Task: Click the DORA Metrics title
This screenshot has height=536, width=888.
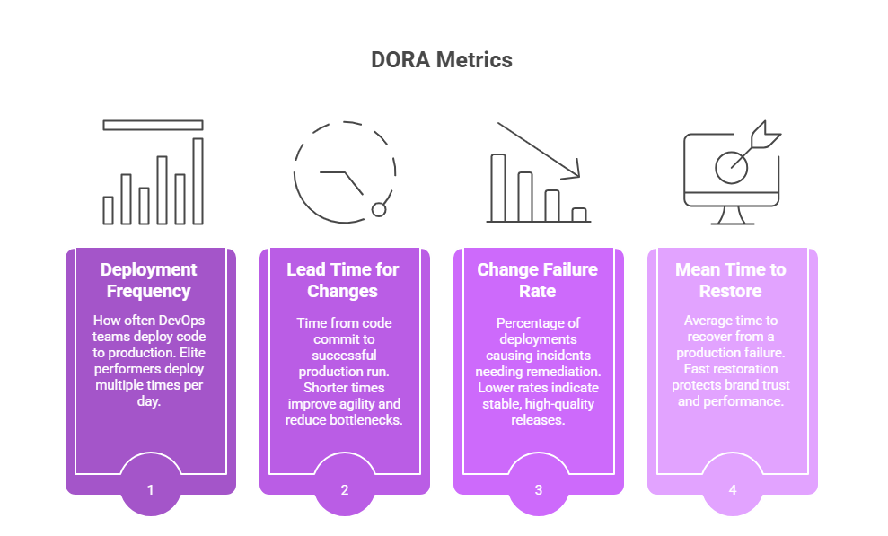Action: pyautogui.click(x=442, y=60)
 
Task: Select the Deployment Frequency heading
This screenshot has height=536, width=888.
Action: pyautogui.click(x=149, y=280)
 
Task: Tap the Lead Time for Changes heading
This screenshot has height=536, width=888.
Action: pyautogui.click(x=343, y=280)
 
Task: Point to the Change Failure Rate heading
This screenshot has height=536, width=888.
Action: pyautogui.click(x=537, y=280)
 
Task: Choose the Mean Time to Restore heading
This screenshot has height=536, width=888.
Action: pyautogui.click(x=731, y=280)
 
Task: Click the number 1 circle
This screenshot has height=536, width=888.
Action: pyautogui.click(x=151, y=490)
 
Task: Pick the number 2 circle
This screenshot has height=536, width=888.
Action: pyautogui.click(x=345, y=490)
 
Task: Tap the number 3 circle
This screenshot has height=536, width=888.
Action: pyautogui.click(x=539, y=490)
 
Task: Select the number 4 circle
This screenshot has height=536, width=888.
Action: pyautogui.click(x=733, y=490)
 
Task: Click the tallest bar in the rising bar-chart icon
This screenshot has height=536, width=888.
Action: pyautogui.click(x=198, y=180)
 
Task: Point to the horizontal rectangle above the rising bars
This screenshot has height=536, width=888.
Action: pyautogui.click(x=153, y=125)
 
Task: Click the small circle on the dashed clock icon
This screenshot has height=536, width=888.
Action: pyautogui.click(x=379, y=209)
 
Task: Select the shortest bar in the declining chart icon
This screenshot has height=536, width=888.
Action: pyautogui.click(x=579, y=215)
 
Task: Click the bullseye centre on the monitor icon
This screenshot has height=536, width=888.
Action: pyautogui.click(x=732, y=166)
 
